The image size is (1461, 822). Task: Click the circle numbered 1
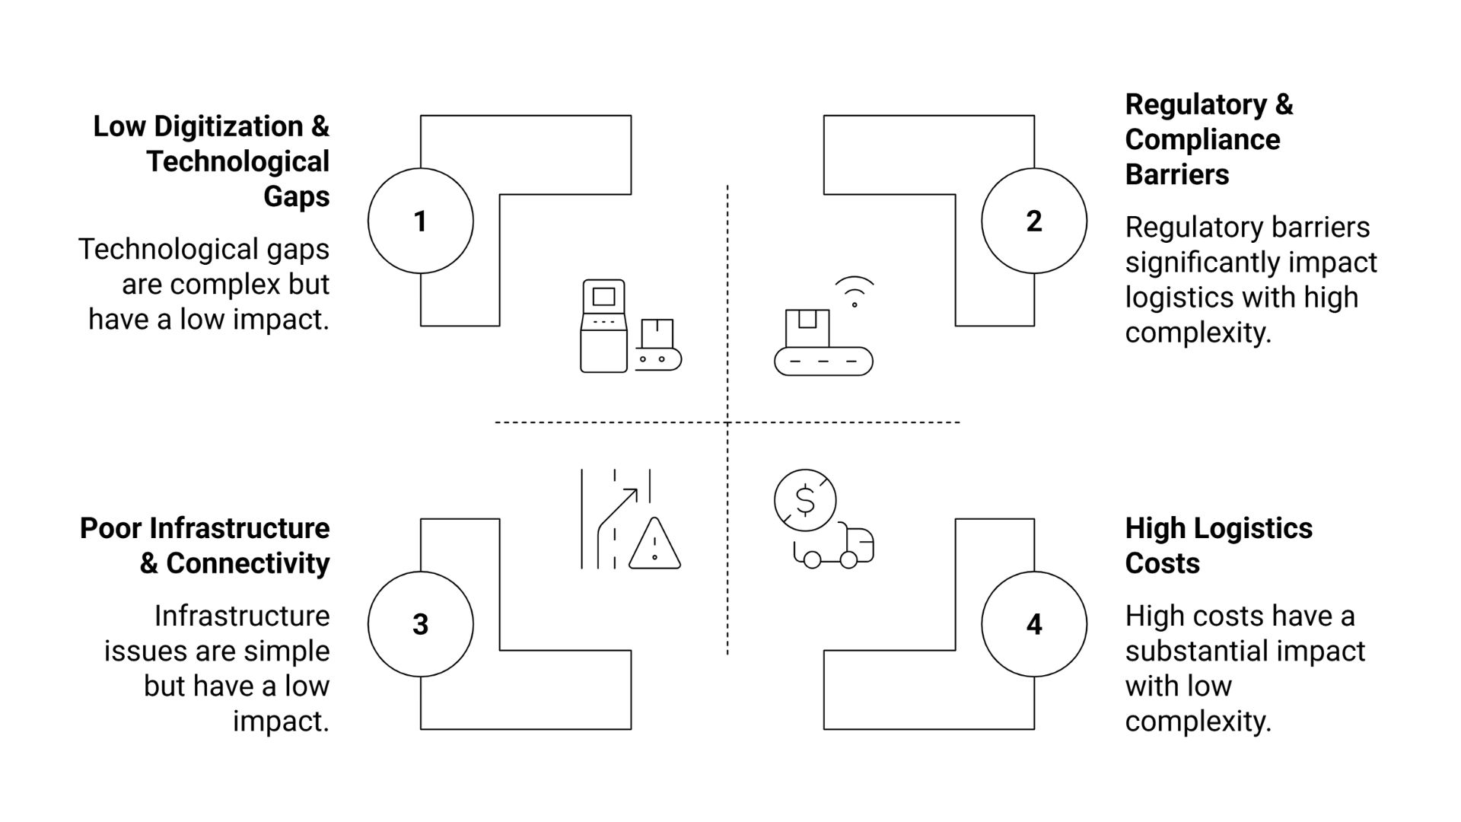(x=420, y=221)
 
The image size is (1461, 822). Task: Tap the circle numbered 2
(x=1033, y=221)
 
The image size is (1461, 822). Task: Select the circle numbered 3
(x=420, y=624)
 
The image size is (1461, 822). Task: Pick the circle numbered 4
(x=1033, y=624)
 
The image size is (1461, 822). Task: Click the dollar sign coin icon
(x=805, y=500)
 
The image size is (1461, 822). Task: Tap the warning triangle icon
(x=654, y=545)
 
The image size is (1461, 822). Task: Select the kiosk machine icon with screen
(x=604, y=326)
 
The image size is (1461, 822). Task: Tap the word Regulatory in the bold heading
(x=1196, y=104)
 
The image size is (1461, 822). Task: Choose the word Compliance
(x=1202, y=139)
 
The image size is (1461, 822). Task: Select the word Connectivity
(x=247, y=563)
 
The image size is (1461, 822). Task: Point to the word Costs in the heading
(x=1162, y=563)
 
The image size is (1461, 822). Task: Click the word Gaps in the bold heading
(x=296, y=196)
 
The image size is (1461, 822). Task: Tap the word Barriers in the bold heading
(x=1176, y=174)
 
